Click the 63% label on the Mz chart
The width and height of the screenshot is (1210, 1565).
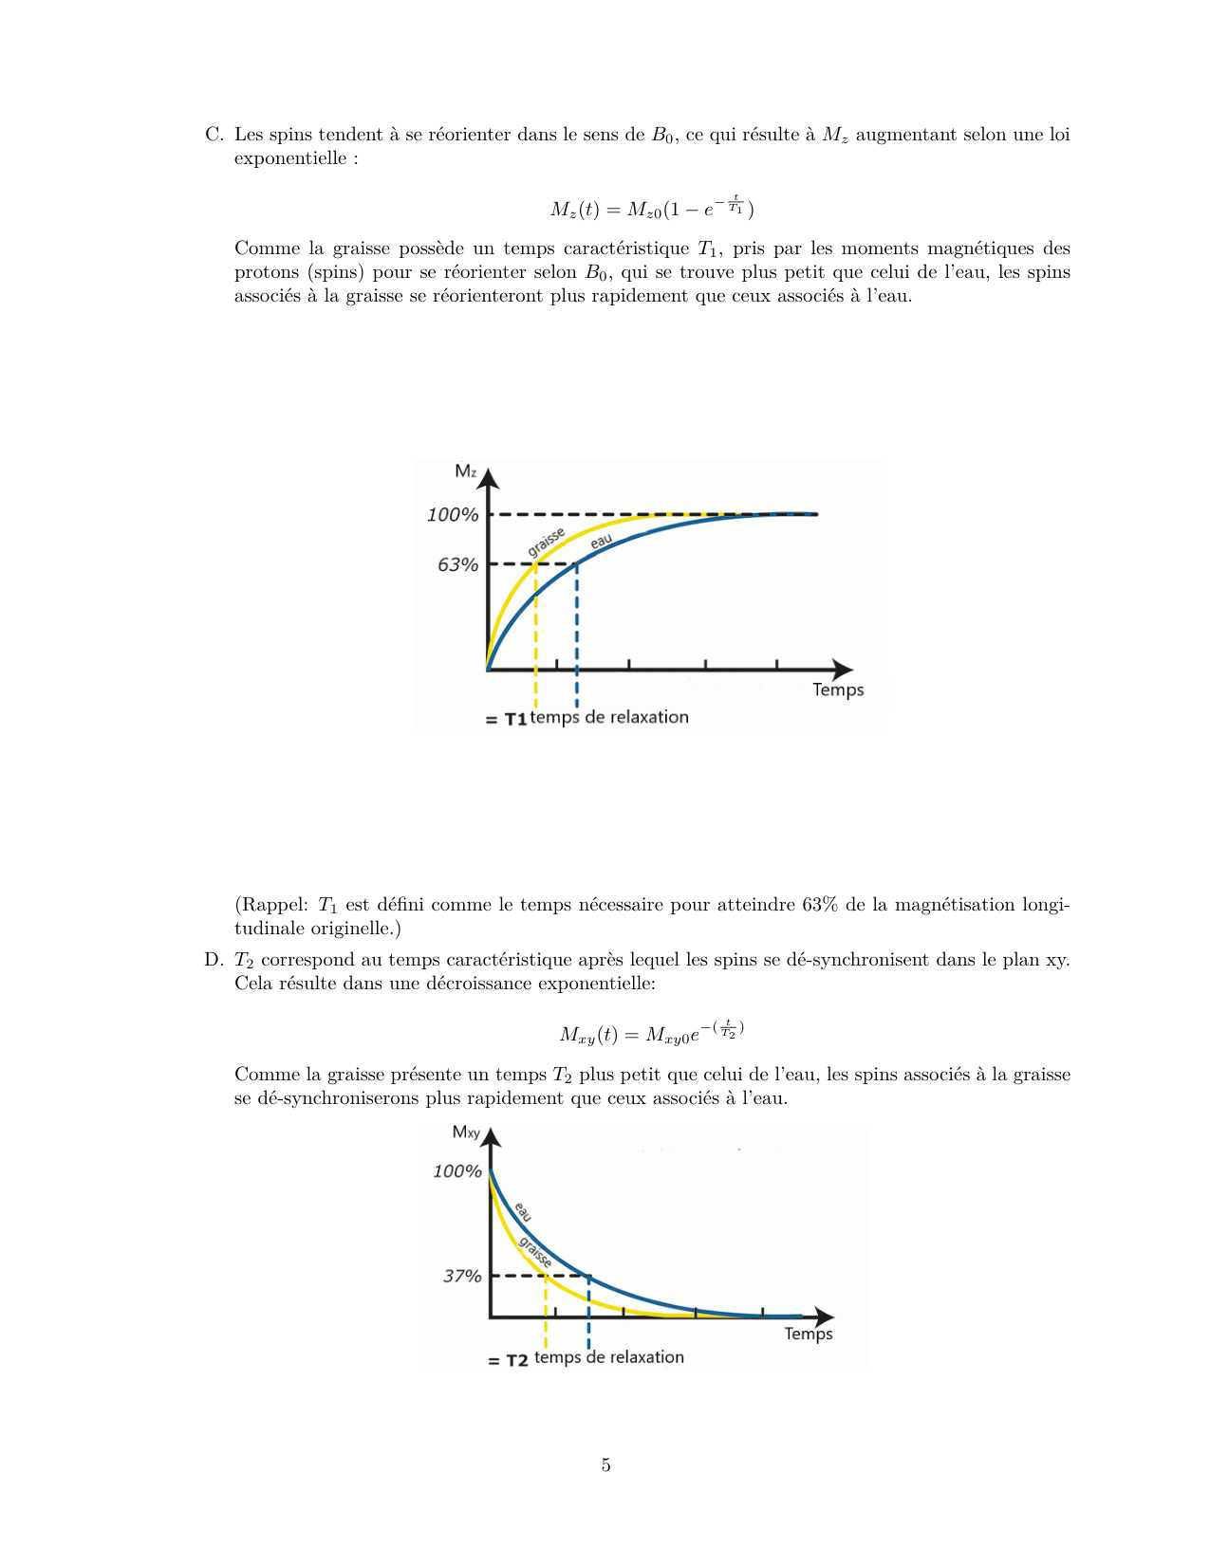(x=457, y=565)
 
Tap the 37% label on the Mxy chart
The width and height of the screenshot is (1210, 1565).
(x=462, y=1277)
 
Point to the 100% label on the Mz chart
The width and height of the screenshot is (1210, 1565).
(x=453, y=515)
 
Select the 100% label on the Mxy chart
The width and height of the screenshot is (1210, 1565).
(x=457, y=1171)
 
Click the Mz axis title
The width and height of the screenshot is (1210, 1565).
(x=465, y=470)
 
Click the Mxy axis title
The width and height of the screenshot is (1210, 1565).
(x=466, y=1132)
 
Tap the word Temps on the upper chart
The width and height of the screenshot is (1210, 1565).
(x=838, y=690)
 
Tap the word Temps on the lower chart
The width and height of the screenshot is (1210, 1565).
(x=808, y=1334)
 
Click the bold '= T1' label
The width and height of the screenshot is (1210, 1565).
(x=506, y=719)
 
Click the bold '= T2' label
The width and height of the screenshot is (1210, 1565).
(x=508, y=1360)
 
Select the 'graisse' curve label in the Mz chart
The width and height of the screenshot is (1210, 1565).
(x=547, y=542)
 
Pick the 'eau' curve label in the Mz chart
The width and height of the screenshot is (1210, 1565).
(x=601, y=541)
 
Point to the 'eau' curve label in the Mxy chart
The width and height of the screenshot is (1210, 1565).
(x=523, y=1211)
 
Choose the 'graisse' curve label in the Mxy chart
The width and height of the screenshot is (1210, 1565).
(x=536, y=1252)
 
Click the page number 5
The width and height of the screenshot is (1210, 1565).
(x=605, y=1465)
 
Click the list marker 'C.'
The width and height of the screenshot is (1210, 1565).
(x=214, y=135)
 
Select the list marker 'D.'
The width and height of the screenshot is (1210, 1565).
(x=214, y=960)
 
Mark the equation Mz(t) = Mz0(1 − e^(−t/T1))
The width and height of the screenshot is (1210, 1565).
(x=652, y=208)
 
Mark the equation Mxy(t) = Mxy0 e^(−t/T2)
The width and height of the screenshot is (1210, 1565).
(x=652, y=1032)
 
